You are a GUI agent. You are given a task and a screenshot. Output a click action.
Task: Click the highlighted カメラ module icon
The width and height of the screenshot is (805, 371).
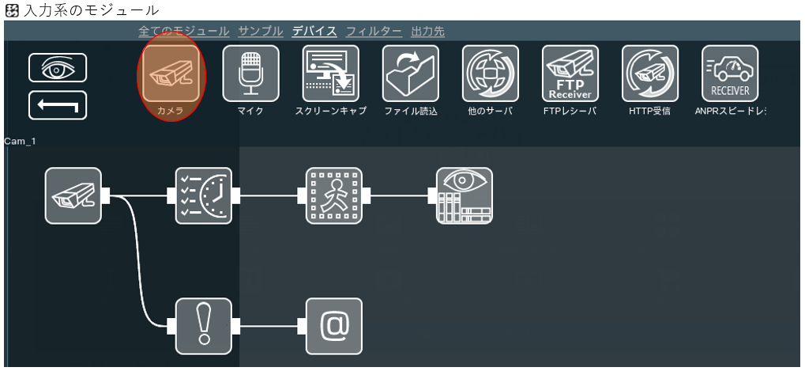click(171, 74)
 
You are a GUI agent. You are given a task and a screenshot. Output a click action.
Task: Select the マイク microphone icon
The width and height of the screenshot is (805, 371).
click(250, 74)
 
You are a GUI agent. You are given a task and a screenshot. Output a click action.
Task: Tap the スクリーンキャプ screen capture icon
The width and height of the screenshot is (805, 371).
click(330, 74)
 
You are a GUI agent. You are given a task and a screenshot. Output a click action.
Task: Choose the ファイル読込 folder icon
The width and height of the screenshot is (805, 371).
click(411, 74)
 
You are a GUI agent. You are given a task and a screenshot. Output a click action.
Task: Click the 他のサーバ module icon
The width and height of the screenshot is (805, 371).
click(491, 74)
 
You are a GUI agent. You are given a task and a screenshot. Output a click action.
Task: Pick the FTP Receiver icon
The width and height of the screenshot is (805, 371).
click(570, 74)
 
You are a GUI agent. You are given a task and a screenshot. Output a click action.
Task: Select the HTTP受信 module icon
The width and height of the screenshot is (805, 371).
click(650, 74)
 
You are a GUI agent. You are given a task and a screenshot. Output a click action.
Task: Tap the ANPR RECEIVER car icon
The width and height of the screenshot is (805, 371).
click(730, 74)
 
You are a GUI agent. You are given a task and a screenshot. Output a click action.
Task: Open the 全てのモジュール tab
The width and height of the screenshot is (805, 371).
click(184, 32)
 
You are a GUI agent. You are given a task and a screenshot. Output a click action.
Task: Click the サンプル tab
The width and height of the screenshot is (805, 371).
click(261, 32)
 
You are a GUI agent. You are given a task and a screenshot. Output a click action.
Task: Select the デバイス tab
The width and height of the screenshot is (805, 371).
click(314, 32)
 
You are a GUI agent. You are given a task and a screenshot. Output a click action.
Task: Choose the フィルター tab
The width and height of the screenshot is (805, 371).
click(374, 32)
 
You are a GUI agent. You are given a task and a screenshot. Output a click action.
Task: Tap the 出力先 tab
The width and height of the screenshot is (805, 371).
click(428, 32)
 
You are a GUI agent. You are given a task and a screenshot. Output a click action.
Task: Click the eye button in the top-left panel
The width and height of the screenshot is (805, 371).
click(58, 68)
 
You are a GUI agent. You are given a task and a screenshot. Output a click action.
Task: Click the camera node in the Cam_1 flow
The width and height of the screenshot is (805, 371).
click(73, 195)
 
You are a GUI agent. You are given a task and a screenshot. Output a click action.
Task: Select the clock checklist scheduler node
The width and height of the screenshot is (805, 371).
click(204, 195)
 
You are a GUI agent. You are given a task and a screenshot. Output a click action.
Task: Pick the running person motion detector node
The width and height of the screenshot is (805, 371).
click(334, 195)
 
